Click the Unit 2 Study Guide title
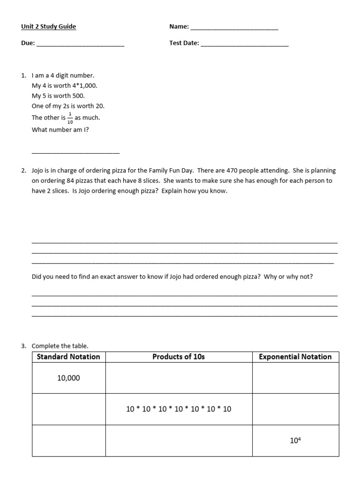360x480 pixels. (x=48, y=27)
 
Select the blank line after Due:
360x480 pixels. (x=80, y=45)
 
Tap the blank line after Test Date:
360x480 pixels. (x=244, y=45)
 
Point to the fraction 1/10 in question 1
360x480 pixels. (x=70, y=118)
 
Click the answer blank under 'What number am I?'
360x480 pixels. (x=75, y=152)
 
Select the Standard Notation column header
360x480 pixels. (x=68, y=357)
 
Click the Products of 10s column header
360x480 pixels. (x=179, y=357)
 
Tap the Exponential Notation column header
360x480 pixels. (x=295, y=357)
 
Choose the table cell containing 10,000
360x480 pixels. (x=68, y=378)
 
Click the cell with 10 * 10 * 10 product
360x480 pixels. (x=179, y=409)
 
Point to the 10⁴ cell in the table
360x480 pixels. (x=295, y=441)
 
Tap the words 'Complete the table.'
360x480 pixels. (x=60, y=346)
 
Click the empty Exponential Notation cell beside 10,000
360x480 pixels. (x=295, y=378)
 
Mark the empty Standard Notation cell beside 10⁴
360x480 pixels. (x=68, y=441)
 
